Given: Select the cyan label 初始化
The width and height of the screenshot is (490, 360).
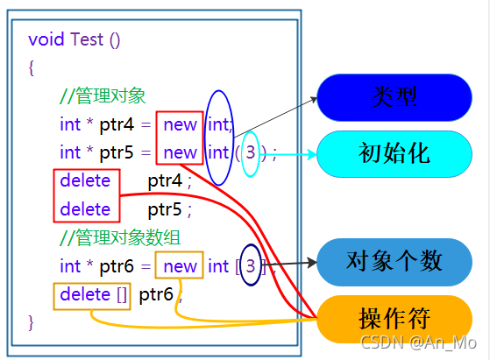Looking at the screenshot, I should pyautogui.click(x=394, y=153).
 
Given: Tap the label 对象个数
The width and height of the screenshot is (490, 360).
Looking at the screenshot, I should pyautogui.click(x=394, y=261).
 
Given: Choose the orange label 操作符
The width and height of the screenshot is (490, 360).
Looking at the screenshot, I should pyautogui.click(x=394, y=318).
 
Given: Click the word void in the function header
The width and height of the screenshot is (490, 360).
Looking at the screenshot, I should pyautogui.click(x=46, y=39).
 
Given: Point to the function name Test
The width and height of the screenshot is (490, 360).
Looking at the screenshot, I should pyautogui.click(x=87, y=39).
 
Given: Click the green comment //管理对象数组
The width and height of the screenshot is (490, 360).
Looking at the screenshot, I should pyautogui.click(x=114, y=237).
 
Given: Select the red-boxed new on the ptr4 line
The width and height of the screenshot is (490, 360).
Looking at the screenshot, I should pyautogui.click(x=180, y=124).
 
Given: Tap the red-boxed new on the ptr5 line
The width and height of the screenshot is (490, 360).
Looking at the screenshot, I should pyautogui.click(x=180, y=152).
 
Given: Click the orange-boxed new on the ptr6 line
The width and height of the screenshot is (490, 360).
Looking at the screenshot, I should pyautogui.click(x=180, y=265).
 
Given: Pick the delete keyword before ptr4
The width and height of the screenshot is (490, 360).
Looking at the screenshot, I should pyautogui.click(x=85, y=181).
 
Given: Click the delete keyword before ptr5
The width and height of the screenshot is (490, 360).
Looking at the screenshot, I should pyautogui.click(x=85, y=209).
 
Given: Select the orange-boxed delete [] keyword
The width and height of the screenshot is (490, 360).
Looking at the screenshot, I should pyautogui.click(x=92, y=294).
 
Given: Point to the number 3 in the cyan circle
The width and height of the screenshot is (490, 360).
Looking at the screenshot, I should pyautogui.click(x=251, y=152).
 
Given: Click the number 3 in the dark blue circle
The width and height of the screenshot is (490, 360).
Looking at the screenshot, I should pyautogui.click(x=251, y=265).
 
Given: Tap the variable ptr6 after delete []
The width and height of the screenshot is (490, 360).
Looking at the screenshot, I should pyautogui.click(x=156, y=294).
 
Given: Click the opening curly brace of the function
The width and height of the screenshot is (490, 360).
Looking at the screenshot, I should pyautogui.click(x=32, y=67).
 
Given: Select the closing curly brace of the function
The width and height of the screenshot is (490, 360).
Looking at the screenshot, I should pyautogui.click(x=32, y=321).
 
